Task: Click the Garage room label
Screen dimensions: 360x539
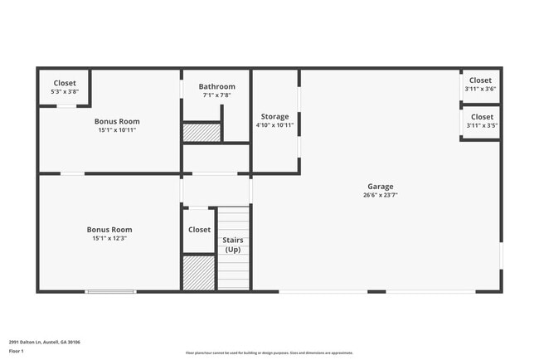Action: pyautogui.click(x=381, y=187)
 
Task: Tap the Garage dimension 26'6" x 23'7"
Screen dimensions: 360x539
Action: pyautogui.click(x=381, y=196)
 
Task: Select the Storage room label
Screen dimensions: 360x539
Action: pyautogui.click(x=274, y=116)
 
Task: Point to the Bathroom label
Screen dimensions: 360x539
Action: pyautogui.click(x=216, y=86)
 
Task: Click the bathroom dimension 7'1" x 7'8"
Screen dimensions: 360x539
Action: pyautogui.click(x=216, y=95)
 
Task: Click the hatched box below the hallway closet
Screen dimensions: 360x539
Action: pyautogui.click(x=198, y=273)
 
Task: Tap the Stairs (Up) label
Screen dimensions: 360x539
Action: pyautogui.click(x=233, y=245)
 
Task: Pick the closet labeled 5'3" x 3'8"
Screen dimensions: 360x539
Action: pyautogui.click(x=65, y=87)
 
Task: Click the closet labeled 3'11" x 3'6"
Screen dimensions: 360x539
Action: pyautogui.click(x=481, y=84)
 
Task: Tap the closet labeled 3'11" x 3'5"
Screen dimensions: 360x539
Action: pyautogui.click(x=481, y=121)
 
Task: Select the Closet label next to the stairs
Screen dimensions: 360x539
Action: pyautogui.click(x=199, y=230)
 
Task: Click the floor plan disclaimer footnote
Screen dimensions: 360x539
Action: pyautogui.click(x=269, y=353)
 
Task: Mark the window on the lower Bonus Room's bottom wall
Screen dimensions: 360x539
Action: pyautogui.click(x=110, y=291)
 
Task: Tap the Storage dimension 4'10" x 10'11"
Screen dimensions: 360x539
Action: pyautogui.click(x=274, y=125)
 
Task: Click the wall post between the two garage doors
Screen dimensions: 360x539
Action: pyautogui.click(x=376, y=291)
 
